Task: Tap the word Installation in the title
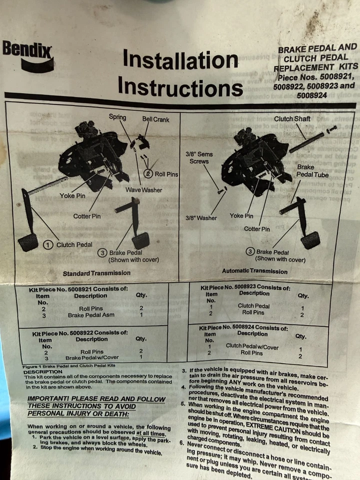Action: (180, 60)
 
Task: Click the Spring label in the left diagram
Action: (117, 117)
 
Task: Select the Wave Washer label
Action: (144, 190)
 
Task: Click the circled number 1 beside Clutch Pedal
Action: (48, 244)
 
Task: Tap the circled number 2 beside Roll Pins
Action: (148, 173)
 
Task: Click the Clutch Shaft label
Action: (292, 119)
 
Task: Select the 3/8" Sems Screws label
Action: (199, 157)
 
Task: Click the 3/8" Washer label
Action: (201, 218)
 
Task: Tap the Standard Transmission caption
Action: (96, 273)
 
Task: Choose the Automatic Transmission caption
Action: (254, 271)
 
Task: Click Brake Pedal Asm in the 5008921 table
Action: (91, 315)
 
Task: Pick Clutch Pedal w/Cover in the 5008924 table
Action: (252, 345)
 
